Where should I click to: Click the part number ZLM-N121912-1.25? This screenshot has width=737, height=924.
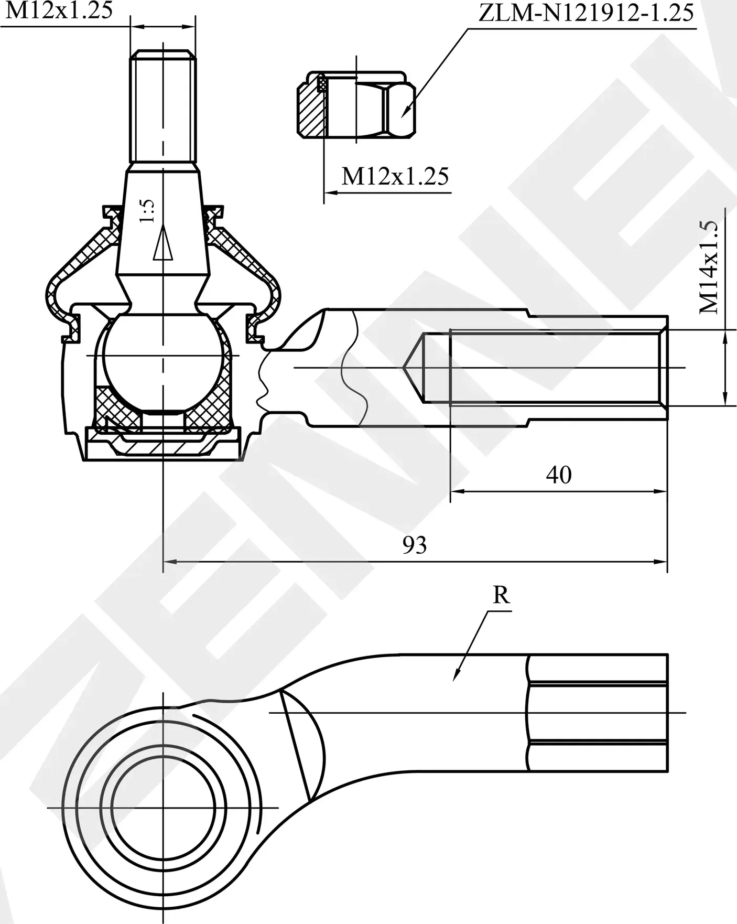[x=586, y=13]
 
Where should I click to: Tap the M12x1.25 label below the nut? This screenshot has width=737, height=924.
[x=395, y=177]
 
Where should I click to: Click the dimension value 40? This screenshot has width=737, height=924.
[x=558, y=475]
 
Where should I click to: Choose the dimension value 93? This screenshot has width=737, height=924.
[x=414, y=545]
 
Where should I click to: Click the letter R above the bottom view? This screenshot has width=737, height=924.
[x=501, y=595]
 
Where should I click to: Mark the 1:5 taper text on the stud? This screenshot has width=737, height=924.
[x=148, y=211]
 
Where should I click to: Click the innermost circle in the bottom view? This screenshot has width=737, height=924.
[x=163, y=822]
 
